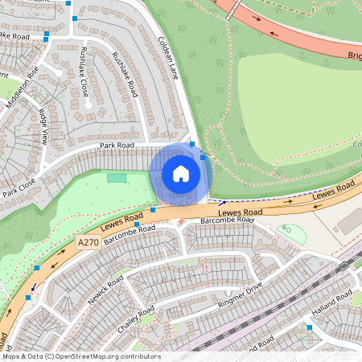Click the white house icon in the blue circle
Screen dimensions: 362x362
pos(181,173)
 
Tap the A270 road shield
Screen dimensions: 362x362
pos(88,242)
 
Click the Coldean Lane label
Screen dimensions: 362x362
pos(167,57)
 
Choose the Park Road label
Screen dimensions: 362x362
pos(117,146)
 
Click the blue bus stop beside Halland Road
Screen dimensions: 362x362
pos(309,327)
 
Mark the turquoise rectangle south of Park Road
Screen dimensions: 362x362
pos(117,177)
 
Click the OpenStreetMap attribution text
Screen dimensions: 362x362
pos(80,356)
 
